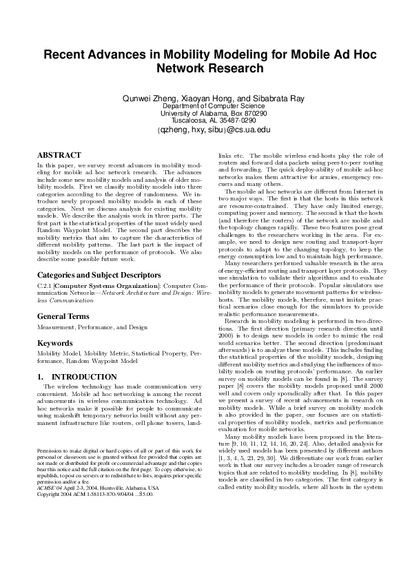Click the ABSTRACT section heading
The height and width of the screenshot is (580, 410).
(54, 156)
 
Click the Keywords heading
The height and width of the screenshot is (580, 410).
(54, 342)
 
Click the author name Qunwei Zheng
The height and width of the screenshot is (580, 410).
(146, 99)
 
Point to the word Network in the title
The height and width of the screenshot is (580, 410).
(181, 68)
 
